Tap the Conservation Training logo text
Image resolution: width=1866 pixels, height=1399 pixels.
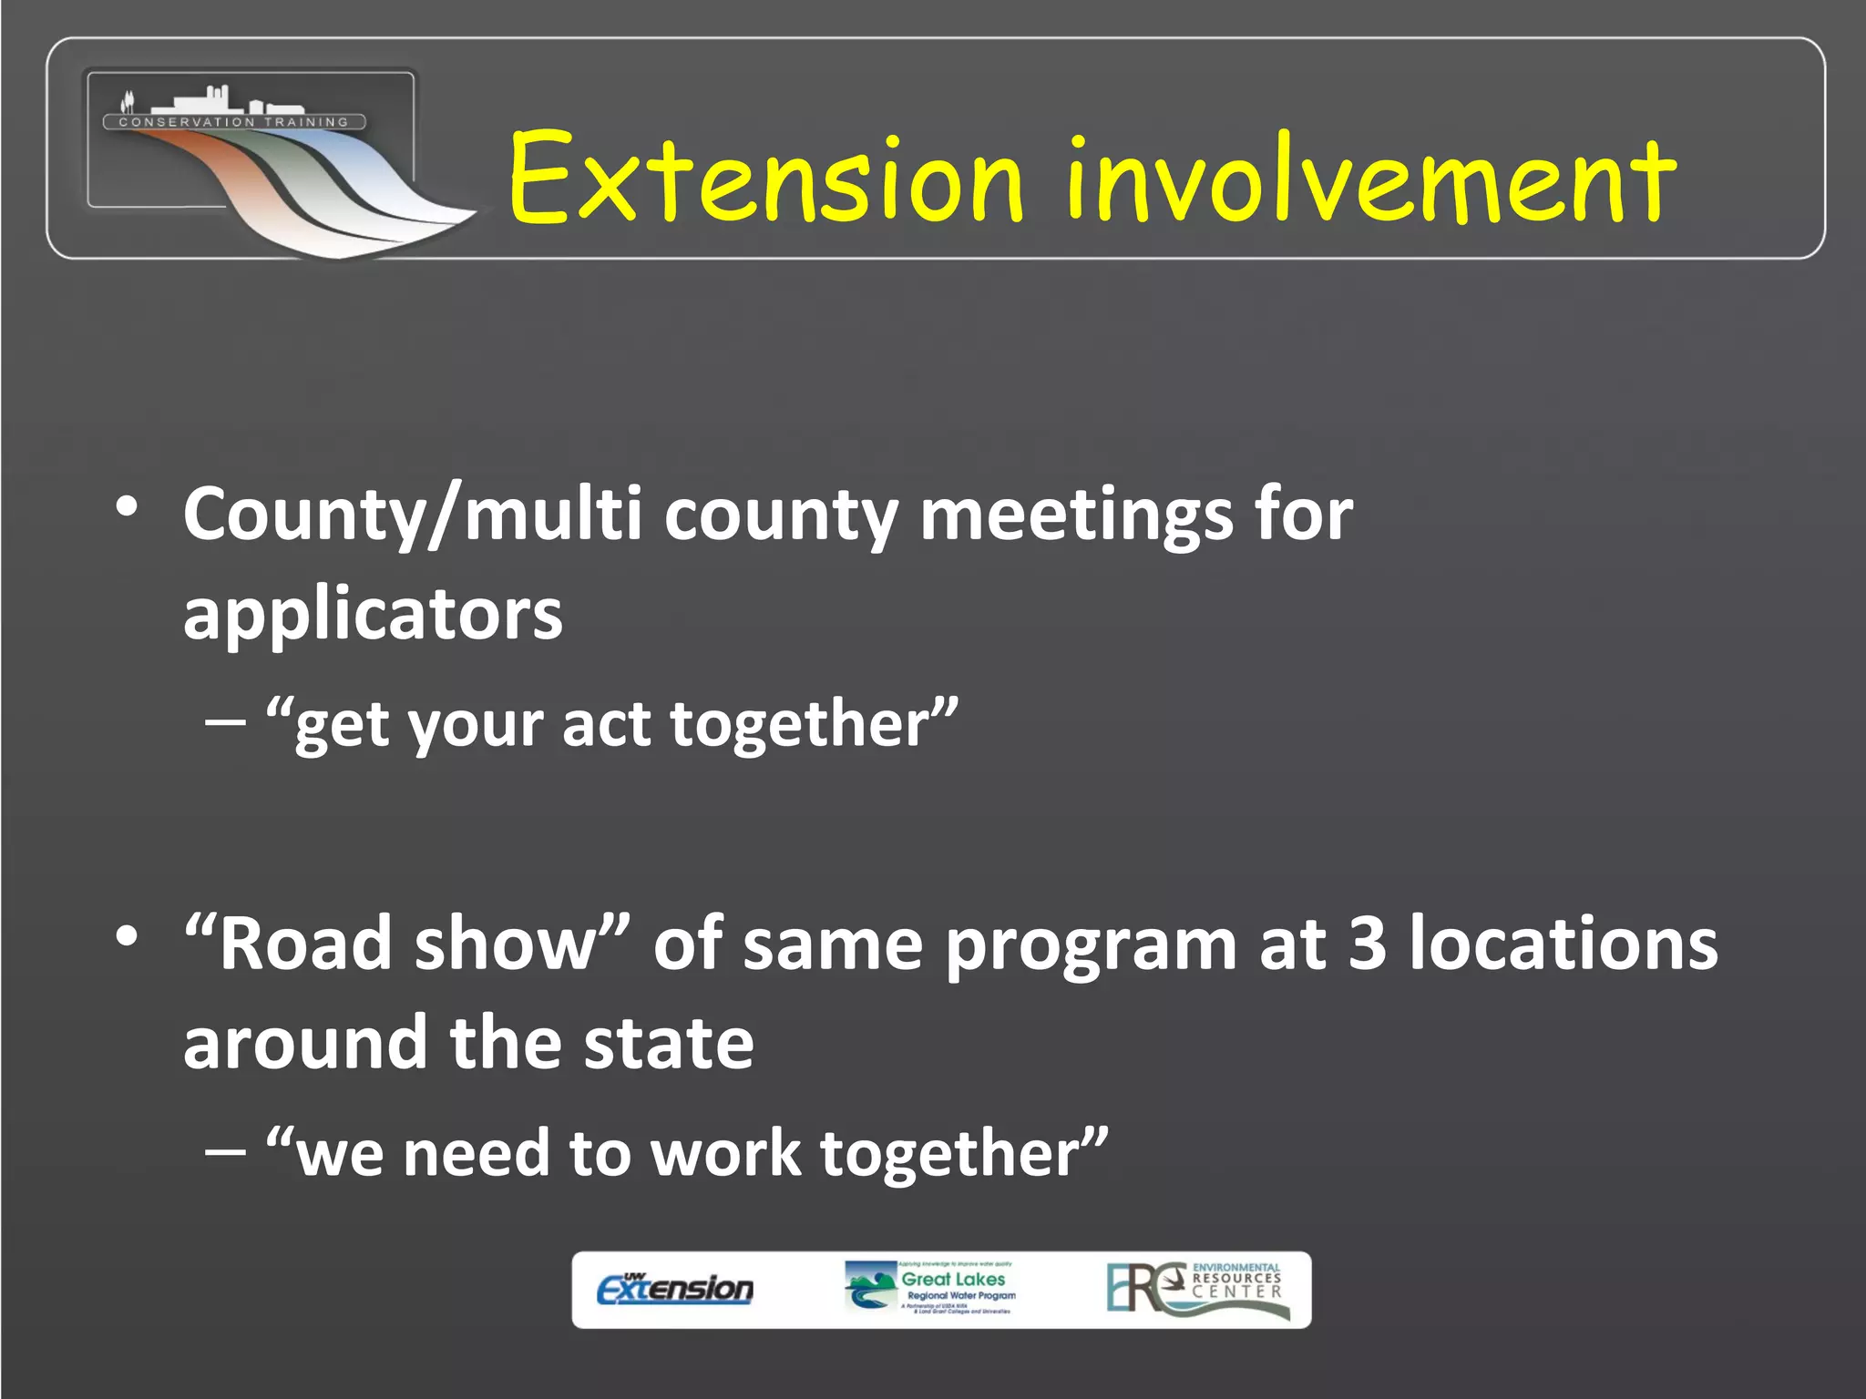234,122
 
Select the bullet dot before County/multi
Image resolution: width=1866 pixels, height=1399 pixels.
128,506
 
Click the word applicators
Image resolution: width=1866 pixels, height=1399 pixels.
373,614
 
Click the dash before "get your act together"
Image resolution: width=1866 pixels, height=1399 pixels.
225,722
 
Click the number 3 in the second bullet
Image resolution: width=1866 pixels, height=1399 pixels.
1368,944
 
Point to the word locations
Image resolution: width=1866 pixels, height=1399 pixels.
1564,944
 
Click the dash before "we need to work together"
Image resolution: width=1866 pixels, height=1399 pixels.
225,1151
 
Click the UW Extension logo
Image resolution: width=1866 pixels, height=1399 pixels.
675,1288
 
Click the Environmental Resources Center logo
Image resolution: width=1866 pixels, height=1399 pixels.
1197,1288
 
